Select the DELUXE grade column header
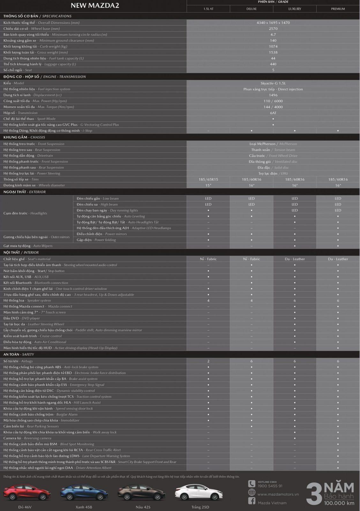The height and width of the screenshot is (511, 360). pyautogui.click(x=251, y=9)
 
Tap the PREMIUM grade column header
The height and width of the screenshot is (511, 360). pyautogui.click(x=338, y=9)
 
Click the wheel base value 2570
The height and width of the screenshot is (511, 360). pyautogui.click(x=273, y=29)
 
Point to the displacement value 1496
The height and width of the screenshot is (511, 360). pyautogui.click(x=273, y=95)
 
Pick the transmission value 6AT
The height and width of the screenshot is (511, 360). pyautogui.click(x=273, y=113)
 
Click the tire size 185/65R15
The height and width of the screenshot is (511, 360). pyautogui.click(x=208, y=179)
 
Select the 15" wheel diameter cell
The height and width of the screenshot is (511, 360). pyautogui.click(x=208, y=186)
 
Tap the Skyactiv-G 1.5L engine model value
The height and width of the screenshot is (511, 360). pyautogui.click(x=273, y=83)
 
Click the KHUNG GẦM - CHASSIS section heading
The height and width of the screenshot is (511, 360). pyautogui.click(x=24, y=137)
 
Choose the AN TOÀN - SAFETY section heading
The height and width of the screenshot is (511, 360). pyautogui.click(x=19, y=355)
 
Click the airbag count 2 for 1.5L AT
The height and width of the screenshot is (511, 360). pyautogui.click(x=208, y=361)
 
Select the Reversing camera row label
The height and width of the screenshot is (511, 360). pyautogui.click(x=27, y=438)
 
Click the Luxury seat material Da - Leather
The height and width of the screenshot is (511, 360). pyautogui.click(x=295, y=259)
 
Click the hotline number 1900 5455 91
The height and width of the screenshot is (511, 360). pyautogui.click(x=270, y=486)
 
